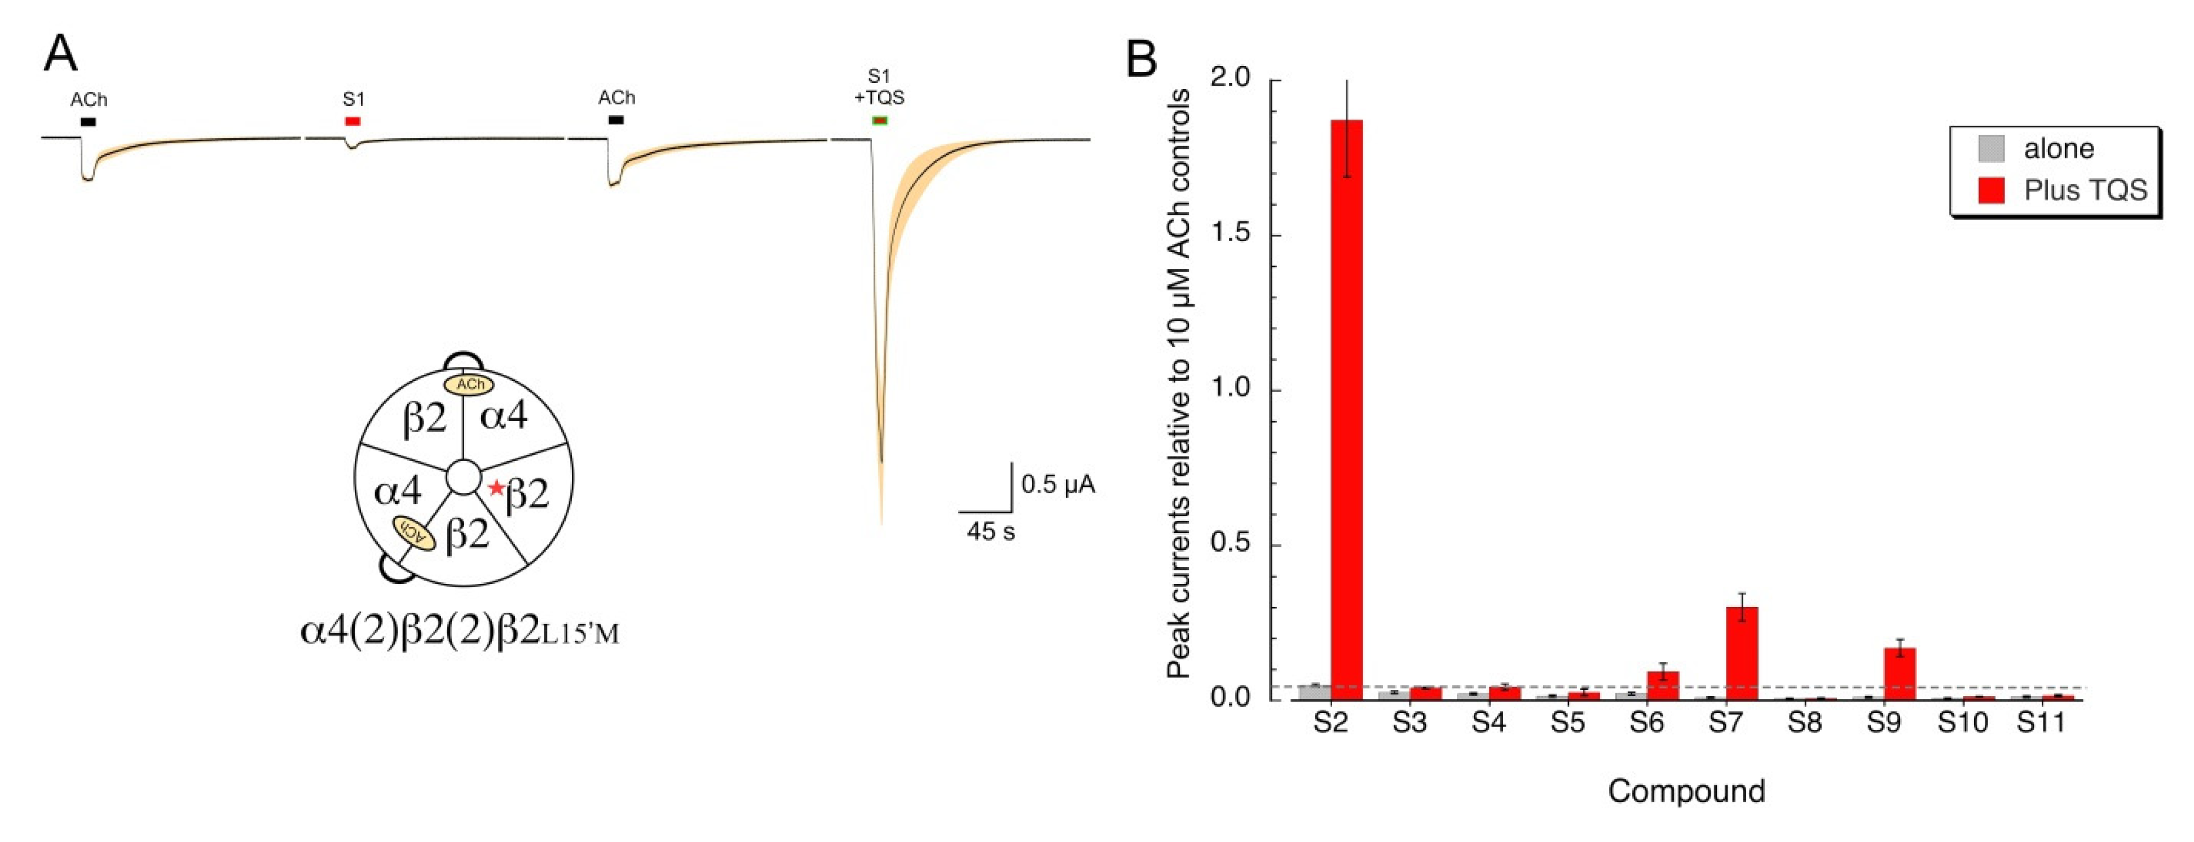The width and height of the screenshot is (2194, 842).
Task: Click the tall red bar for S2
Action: [x=1346, y=409]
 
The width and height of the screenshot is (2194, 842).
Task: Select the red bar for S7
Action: [x=1742, y=652]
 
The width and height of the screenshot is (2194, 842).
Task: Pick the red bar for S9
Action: [x=1900, y=673]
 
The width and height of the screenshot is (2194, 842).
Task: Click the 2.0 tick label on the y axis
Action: [x=1230, y=78]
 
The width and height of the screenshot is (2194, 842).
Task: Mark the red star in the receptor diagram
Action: [x=496, y=487]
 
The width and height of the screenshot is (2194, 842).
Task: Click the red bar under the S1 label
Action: [x=353, y=121]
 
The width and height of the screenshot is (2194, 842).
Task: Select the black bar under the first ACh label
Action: [x=88, y=121]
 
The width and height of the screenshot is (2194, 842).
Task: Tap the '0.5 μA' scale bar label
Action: [x=1058, y=485]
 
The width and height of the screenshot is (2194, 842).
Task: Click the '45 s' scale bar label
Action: [x=990, y=532]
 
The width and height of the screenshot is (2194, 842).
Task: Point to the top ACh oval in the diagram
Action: [x=469, y=384]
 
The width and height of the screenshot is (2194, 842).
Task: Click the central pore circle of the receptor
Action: [x=463, y=477]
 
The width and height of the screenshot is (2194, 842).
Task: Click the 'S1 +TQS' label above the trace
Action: [x=879, y=88]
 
